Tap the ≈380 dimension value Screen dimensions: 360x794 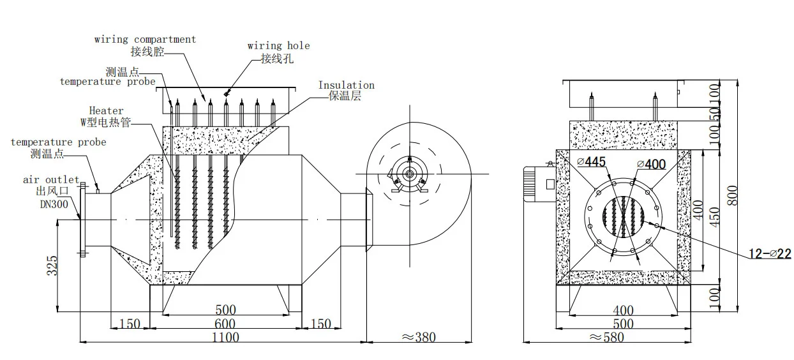[418, 336]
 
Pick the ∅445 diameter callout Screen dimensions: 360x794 [591, 162]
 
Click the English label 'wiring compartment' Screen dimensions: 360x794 [145, 40]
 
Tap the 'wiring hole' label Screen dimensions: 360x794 [279, 46]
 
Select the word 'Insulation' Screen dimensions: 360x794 [346, 86]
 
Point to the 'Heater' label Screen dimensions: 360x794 [106, 111]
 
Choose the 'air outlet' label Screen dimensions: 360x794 [51, 181]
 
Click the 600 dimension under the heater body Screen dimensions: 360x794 [224, 324]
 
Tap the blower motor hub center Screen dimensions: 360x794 [407, 173]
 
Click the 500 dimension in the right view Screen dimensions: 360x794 [622, 324]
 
